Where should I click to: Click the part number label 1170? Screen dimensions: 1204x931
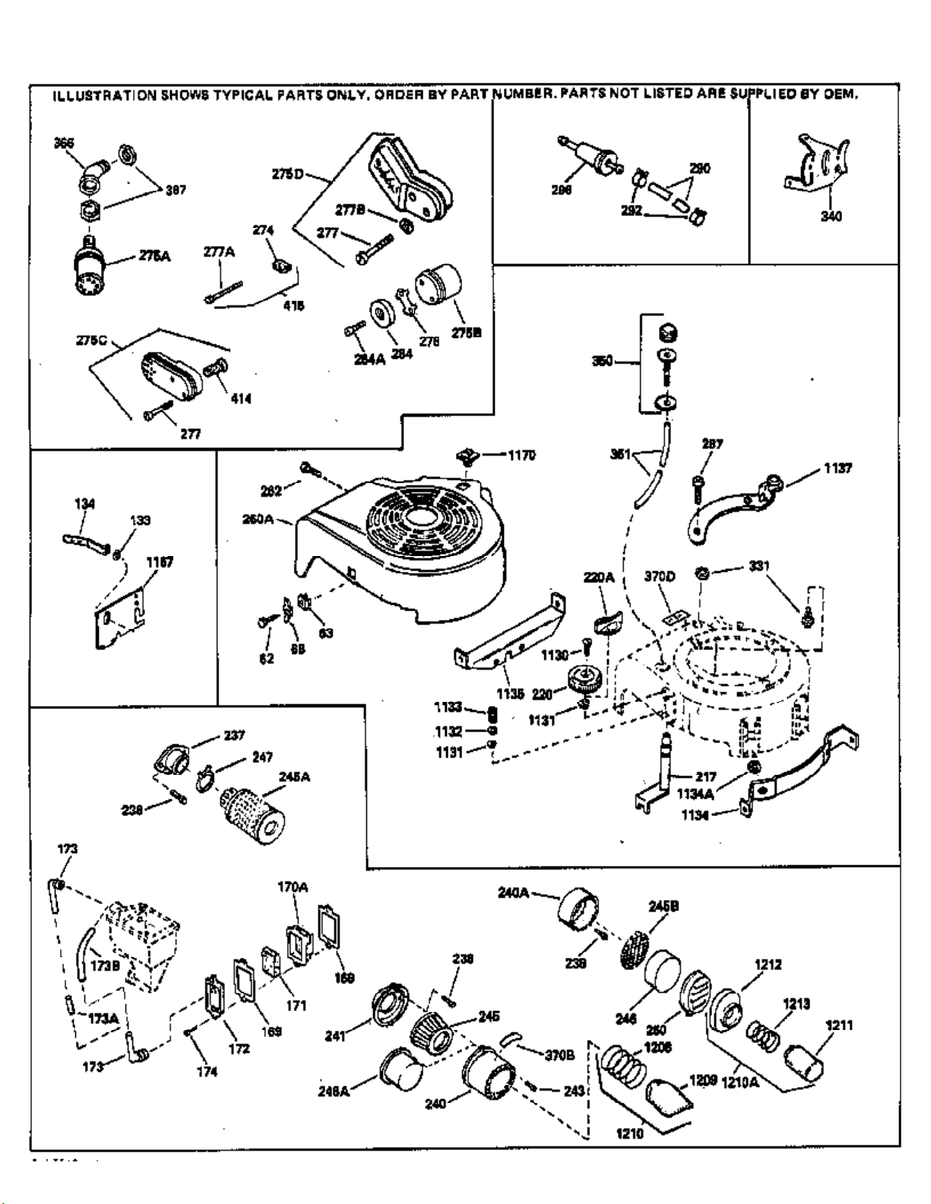(x=521, y=455)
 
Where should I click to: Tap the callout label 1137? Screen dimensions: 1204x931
(x=838, y=469)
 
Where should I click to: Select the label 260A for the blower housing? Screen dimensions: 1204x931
(x=258, y=520)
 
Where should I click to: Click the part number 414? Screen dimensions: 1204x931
(x=241, y=398)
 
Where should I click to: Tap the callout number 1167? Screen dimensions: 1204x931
(x=160, y=562)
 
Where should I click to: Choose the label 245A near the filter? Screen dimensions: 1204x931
(x=294, y=776)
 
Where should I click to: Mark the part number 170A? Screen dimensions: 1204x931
(x=293, y=886)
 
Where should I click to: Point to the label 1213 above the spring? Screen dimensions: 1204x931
(x=796, y=1003)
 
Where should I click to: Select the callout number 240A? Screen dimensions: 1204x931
(x=514, y=893)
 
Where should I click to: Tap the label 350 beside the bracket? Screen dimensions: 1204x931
(x=603, y=361)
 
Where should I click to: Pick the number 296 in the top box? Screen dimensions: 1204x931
(x=562, y=190)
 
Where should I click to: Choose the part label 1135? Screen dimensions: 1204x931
(x=510, y=694)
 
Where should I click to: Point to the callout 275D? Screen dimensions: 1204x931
(x=287, y=174)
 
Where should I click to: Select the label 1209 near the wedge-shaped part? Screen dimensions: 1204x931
(x=703, y=1079)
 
